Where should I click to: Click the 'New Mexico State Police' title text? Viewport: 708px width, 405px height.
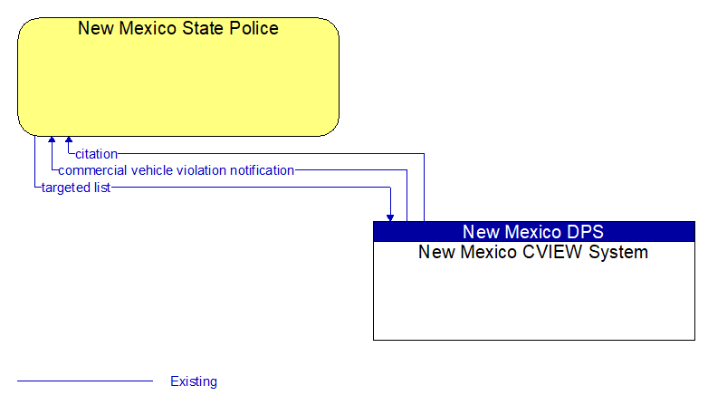(177, 28)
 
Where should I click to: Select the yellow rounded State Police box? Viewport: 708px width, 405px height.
(178, 77)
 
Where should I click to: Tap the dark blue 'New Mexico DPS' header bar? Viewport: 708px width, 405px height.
(534, 231)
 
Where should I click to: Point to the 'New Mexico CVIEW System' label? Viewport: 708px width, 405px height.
(533, 252)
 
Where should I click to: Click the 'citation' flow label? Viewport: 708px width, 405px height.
(96, 154)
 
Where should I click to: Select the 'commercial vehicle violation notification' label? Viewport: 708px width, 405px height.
(177, 170)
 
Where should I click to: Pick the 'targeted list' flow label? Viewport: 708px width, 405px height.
(76, 188)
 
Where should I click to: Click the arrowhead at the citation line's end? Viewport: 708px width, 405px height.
(69, 140)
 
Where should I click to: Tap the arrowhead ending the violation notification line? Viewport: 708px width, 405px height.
(52, 140)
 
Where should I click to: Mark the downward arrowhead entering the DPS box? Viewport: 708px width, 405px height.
(390, 217)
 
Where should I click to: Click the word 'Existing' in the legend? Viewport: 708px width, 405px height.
(194, 381)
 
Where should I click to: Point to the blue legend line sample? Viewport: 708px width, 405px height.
(85, 381)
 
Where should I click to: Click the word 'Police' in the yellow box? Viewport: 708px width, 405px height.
(254, 28)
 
